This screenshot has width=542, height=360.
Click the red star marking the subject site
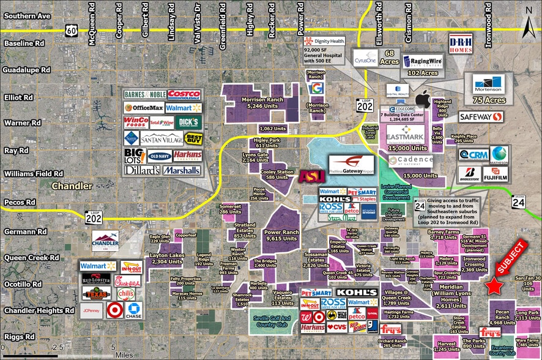tap(494, 286)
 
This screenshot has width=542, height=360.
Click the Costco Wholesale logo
tap(184, 94)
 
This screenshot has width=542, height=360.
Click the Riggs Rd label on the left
tap(20, 337)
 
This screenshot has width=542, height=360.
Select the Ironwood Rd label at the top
tap(488, 15)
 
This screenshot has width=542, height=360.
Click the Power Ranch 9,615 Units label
tap(281, 236)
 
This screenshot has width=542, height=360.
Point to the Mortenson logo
tap(488, 83)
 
